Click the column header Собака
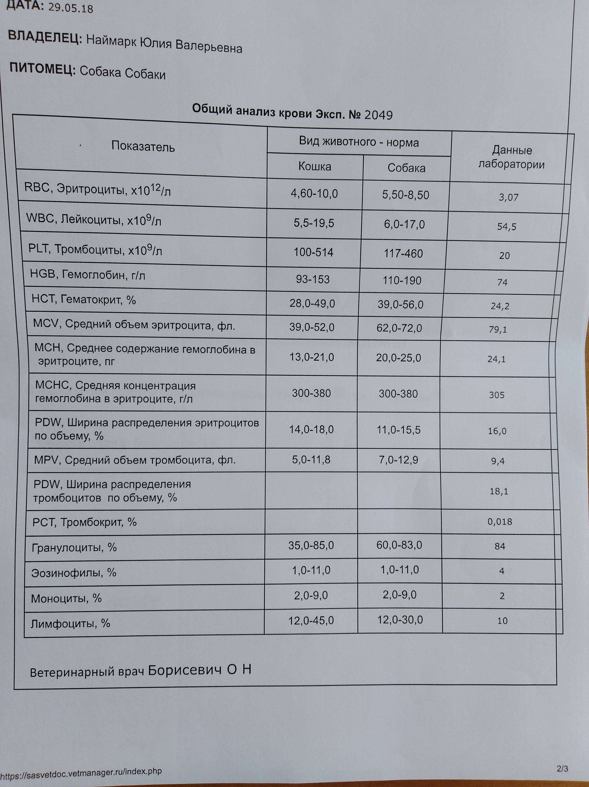coord(406,168)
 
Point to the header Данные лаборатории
coord(511,157)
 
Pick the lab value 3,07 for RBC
coord(509,198)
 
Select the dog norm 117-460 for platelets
coord(403,254)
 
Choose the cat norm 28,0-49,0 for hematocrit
coord(312,304)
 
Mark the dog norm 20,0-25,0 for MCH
coord(398,358)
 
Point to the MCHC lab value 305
coord(496,395)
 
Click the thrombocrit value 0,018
coord(500,522)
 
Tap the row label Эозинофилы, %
coord(74,573)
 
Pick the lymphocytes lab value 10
coord(502,621)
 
